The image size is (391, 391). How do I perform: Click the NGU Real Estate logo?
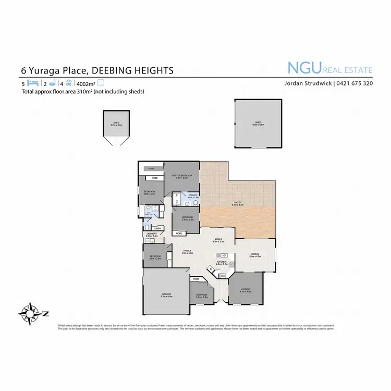tap(330, 68)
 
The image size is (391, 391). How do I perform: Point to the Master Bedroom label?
tap(182, 176)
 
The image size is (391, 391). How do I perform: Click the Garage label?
tap(166, 295)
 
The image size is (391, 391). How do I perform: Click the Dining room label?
tap(254, 254)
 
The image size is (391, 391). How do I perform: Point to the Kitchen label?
tap(222, 263)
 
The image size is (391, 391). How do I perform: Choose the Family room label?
tap(187, 251)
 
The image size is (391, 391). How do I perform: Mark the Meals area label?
tap(218, 240)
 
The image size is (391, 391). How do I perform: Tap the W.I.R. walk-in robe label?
tap(151, 168)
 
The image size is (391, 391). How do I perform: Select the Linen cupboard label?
tap(157, 228)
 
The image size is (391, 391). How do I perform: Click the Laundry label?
tap(151, 234)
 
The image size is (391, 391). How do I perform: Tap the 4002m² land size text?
tap(87, 83)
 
